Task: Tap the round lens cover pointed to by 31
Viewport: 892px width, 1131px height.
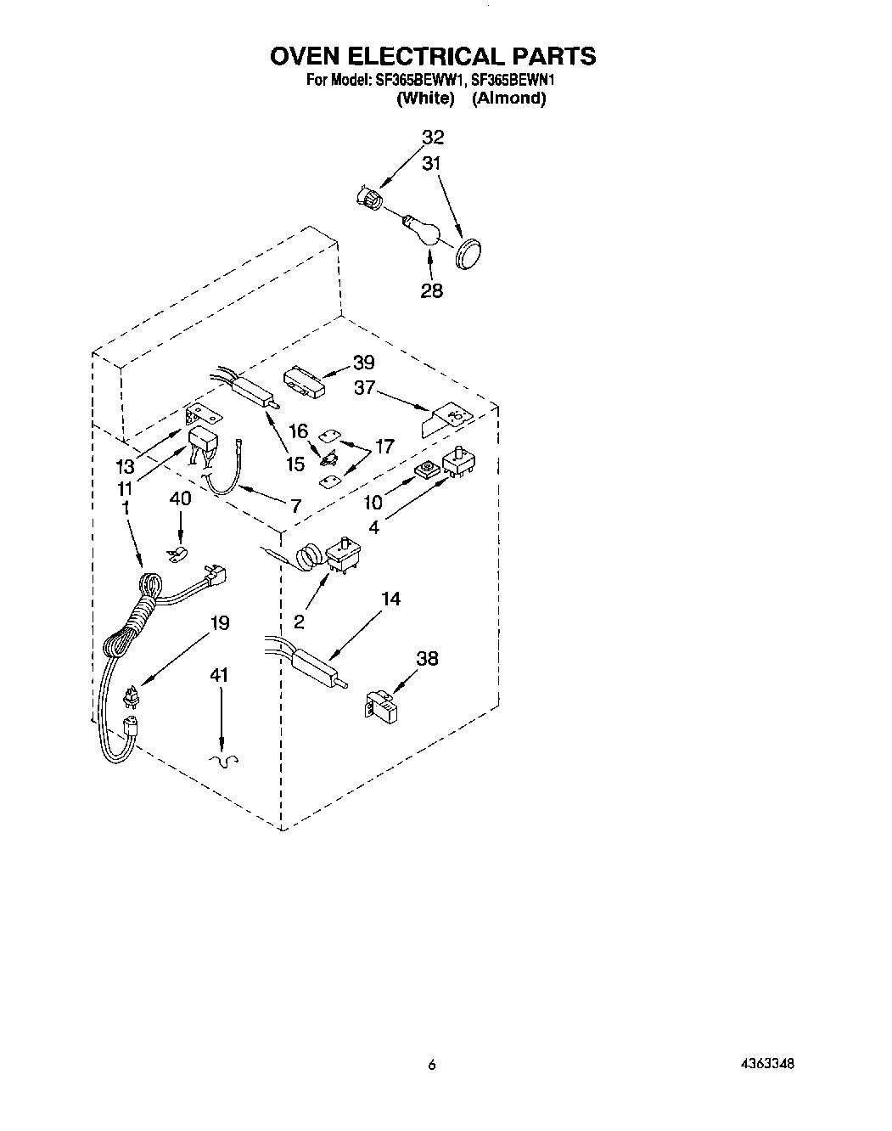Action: [x=465, y=254]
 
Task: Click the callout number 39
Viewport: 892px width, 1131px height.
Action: [x=363, y=363]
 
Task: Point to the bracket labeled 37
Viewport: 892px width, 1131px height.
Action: [x=446, y=418]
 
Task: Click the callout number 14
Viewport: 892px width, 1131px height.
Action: [x=390, y=599]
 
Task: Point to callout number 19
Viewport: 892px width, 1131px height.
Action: [x=219, y=624]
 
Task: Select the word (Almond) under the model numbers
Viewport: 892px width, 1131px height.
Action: [x=508, y=98]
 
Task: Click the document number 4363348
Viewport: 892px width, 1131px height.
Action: [x=766, y=1063]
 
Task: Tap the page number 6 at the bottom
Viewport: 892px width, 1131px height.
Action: [x=431, y=1064]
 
